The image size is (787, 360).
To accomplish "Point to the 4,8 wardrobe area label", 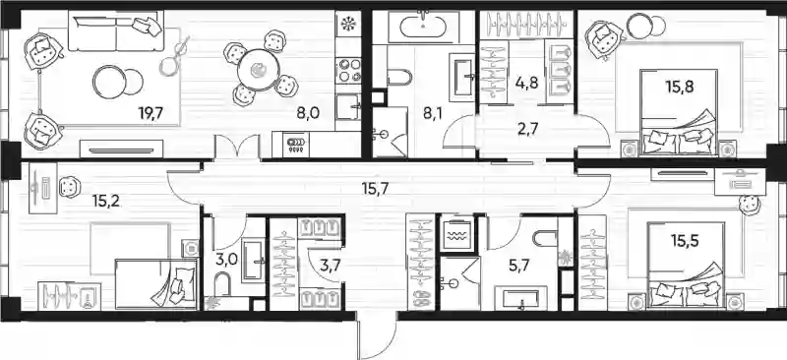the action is pos(527,83).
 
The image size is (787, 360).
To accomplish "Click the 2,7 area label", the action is pos(526,129).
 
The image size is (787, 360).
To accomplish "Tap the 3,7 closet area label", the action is pos(329,265).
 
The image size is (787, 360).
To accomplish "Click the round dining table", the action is pos(259,69).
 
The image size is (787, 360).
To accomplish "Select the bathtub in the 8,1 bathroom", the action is pos(423,25).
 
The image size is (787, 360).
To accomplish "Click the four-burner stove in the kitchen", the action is pos(348,70).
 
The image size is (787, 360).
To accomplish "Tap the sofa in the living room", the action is pos(116,31).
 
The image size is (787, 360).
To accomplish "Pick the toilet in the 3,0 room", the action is pos(221,284).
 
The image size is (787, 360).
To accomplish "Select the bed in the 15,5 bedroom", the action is pos(686,267).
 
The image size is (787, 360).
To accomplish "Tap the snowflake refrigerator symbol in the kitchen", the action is pos(347,25).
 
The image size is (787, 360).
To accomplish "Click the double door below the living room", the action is pos(237,148).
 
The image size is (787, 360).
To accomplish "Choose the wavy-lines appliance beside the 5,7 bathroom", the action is pos(456,234).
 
